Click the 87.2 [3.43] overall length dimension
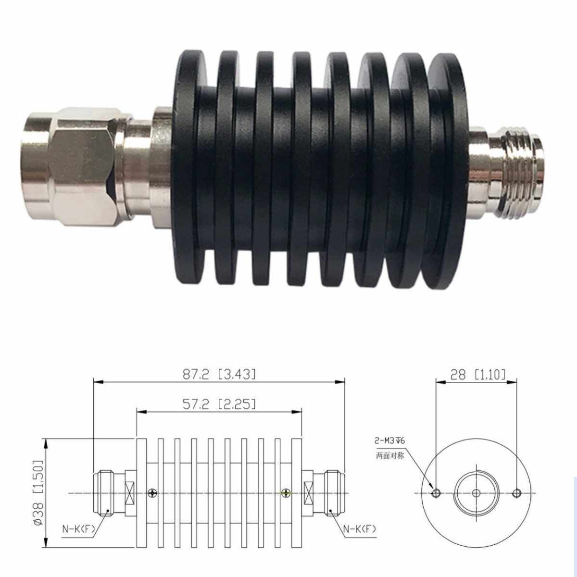[219, 374]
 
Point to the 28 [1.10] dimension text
[477, 374]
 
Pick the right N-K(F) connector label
[359, 529]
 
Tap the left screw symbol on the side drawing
[153, 493]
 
